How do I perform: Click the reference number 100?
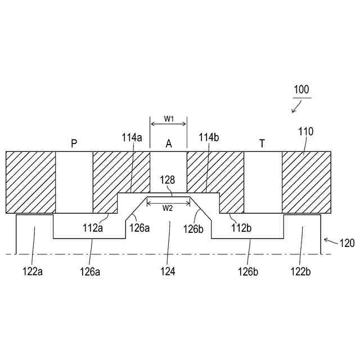pyautogui.click(x=301, y=89)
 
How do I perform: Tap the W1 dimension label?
pyautogui.click(x=169, y=118)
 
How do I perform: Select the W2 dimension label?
pyautogui.click(x=168, y=208)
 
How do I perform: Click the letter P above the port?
pyautogui.click(x=74, y=144)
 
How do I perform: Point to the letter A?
pyautogui.click(x=168, y=144)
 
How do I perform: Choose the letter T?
pyautogui.click(x=262, y=144)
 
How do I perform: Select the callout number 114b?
pyautogui.click(x=208, y=137)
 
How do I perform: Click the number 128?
pyautogui.click(x=168, y=181)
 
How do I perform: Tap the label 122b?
pyautogui.click(x=303, y=271)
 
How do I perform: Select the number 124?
pyautogui.click(x=168, y=271)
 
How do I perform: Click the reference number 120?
pyautogui.click(x=347, y=244)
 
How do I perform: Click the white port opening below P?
pyautogui.click(x=74, y=182)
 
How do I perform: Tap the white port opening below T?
pyautogui.click(x=263, y=182)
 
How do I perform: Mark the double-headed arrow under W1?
pyautogui.click(x=168, y=125)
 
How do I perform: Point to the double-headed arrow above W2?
pyautogui.click(x=168, y=200)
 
